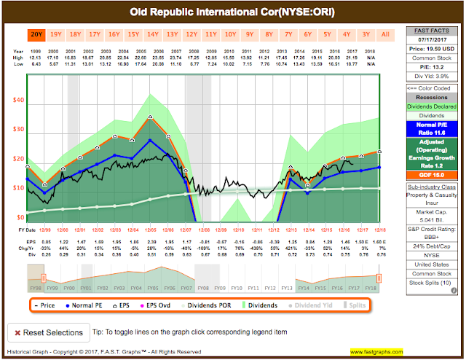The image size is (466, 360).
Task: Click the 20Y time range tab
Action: tap(36, 34)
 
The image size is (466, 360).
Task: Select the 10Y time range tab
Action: tap(230, 34)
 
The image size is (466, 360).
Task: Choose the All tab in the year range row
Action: tap(384, 34)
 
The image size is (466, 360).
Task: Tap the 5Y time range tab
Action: tap(327, 34)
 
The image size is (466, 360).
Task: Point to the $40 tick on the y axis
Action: tap(20, 100)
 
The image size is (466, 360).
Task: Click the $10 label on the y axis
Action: tap(20, 187)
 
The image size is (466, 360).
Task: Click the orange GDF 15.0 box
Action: tap(427, 174)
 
